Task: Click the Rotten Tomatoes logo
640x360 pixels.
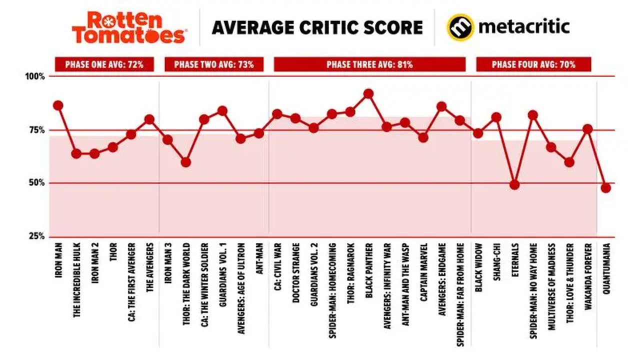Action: [x=129, y=27]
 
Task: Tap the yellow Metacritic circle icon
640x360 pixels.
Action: [x=460, y=27]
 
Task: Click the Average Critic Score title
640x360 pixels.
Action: [x=317, y=27]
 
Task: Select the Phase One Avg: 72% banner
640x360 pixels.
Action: [x=104, y=64]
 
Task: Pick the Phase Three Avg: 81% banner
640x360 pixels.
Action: [x=369, y=64]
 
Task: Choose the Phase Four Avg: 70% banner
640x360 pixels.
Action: [x=533, y=64]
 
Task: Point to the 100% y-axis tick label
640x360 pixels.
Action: [x=35, y=76]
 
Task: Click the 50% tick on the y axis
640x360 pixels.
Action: [x=37, y=183]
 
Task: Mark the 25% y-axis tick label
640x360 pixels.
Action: [x=37, y=236]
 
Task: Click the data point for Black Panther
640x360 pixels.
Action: [x=368, y=93]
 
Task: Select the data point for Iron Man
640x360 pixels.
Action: [x=58, y=105]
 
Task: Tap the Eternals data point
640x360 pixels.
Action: [x=514, y=184]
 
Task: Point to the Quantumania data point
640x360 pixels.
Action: [x=606, y=188]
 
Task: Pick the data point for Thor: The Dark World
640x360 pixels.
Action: [x=185, y=162]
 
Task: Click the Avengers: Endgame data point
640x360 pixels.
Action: [x=441, y=106]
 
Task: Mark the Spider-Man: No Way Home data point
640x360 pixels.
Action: [x=533, y=115]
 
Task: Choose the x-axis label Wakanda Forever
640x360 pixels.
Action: [x=588, y=276]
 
